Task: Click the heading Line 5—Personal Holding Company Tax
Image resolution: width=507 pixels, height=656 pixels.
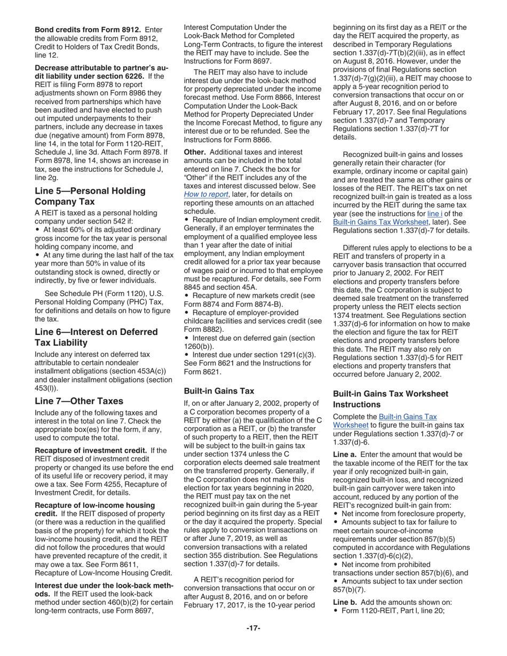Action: click(x=90, y=196)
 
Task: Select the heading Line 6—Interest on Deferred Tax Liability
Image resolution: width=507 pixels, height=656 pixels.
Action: click(x=96, y=337)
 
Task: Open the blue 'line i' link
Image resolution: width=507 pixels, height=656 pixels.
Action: click(x=434, y=213)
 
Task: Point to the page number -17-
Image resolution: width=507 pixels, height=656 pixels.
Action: click(x=253, y=628)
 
